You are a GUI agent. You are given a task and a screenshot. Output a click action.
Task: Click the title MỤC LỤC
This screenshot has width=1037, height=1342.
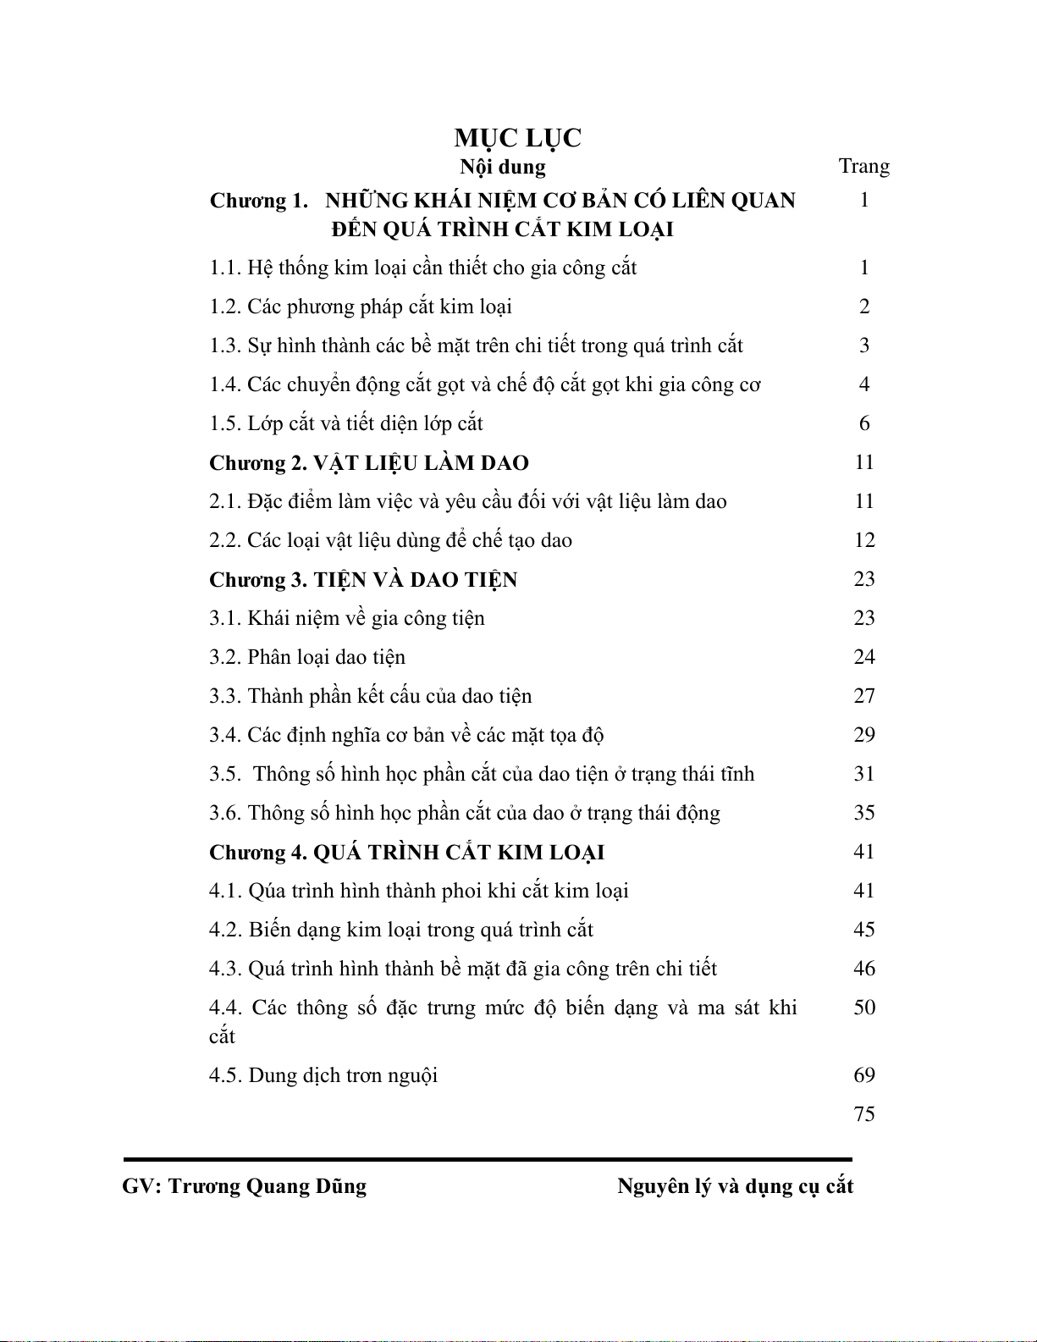click(x=517, y=138)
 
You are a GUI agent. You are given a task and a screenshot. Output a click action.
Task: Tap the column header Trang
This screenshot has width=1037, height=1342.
click(x=863, y=166)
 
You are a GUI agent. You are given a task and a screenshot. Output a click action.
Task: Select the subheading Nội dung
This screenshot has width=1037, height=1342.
click(x=503, y=167)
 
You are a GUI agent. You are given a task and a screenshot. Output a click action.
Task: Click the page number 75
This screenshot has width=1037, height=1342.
click(x=863, y=1114)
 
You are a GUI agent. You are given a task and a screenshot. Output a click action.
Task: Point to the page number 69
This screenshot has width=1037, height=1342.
click(x=863, y=1075)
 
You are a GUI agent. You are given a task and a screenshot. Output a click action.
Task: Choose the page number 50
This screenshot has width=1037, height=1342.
click(x=863, y=1008)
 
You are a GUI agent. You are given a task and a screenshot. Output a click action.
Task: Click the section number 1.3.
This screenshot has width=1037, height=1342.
click(x=225, y=345)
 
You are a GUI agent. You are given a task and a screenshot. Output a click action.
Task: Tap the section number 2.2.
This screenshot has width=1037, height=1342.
click(x=225, y=540)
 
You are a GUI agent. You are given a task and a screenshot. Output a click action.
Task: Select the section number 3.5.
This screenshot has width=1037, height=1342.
click(x=225, y=774)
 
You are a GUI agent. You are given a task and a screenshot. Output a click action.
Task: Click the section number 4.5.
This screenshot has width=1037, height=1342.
click(x=225, y=1075)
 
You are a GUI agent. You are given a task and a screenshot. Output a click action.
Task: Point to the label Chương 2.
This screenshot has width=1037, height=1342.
click(x=258, y=463)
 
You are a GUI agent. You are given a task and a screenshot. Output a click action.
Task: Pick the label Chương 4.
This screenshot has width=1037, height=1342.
click(x=258, y=853)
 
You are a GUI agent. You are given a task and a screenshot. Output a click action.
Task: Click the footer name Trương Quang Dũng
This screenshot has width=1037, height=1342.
click(x=268, y=1186)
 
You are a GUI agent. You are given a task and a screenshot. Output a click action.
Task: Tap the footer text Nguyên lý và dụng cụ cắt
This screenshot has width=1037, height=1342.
click(x=735, y=1186)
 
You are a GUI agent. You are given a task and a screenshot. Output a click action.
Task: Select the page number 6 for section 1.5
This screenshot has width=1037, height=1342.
click(x=863, y=423)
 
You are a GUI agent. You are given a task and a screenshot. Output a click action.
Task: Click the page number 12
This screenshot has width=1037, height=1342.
click(x=863, y=540)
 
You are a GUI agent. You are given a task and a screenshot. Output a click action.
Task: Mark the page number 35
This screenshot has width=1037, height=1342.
click(x=863, y=813)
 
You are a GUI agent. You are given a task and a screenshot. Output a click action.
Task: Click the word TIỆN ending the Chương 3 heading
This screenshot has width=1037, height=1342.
click(x=486, y=580)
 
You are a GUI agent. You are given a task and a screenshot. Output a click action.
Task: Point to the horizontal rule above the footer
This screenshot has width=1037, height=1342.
click(x=488, y=1159)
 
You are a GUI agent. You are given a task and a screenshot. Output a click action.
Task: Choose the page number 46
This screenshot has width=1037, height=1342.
click(x=863, y=969)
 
